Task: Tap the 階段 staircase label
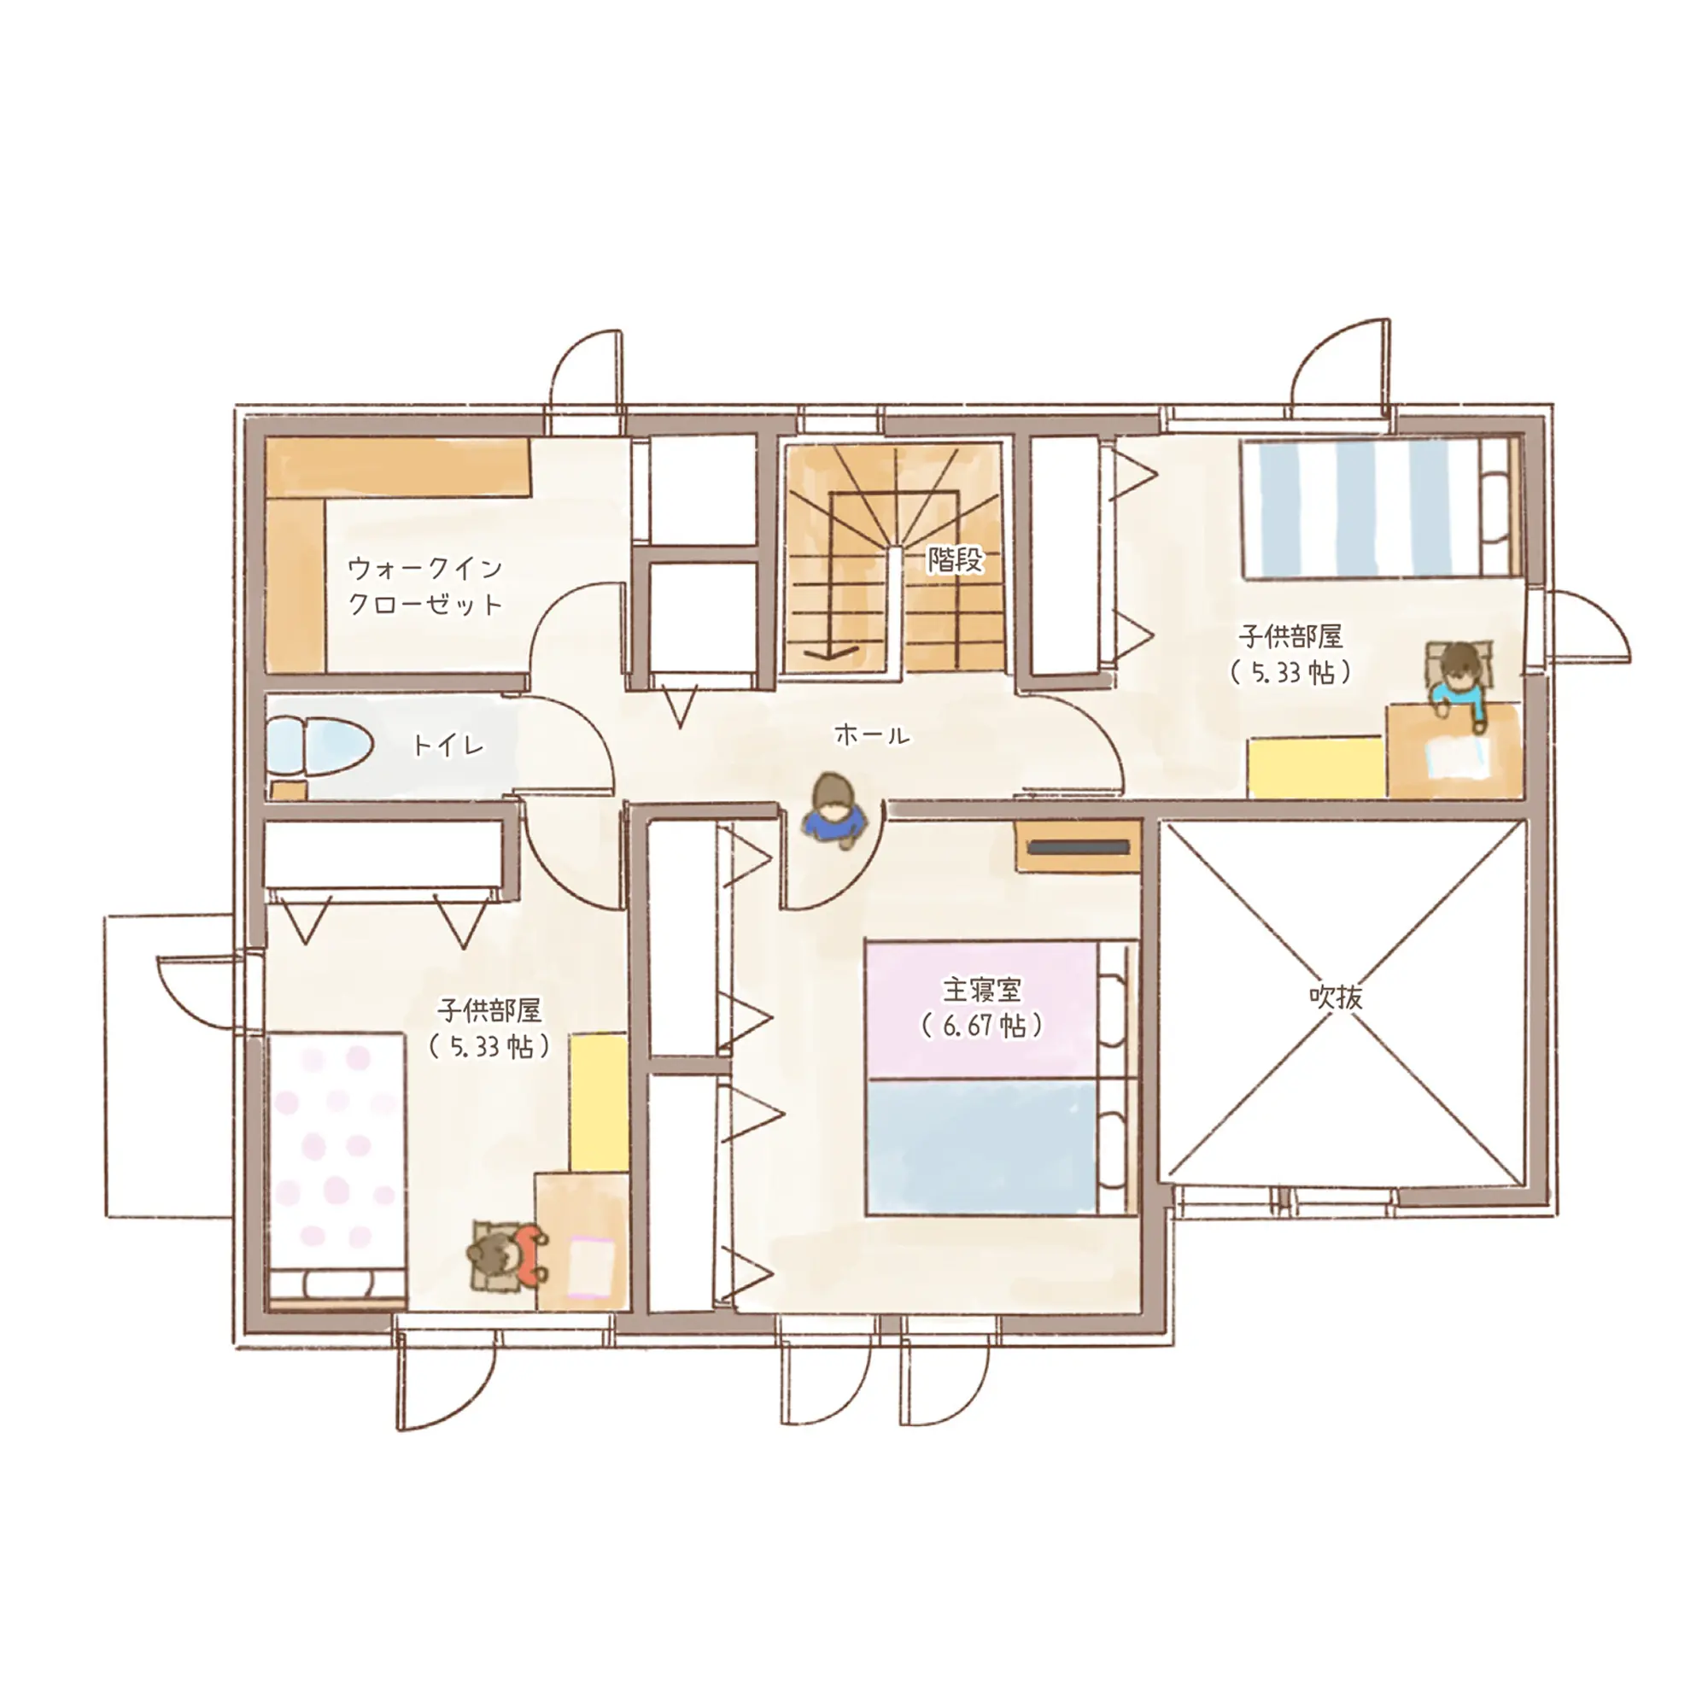click(955, 559)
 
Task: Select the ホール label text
click(872, 734)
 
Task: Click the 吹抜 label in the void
click(1336, 997)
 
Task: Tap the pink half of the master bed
click(982, 1009)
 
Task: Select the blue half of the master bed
click(982, 1147)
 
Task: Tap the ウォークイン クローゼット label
click(424, 585)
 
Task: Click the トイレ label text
click(448, 746)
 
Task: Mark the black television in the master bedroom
click(1079, 847)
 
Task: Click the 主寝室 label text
click(981, 989)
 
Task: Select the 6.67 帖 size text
click(981, 1026)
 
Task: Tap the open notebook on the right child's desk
click(1453, 757)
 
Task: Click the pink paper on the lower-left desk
click(592, 1266)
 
